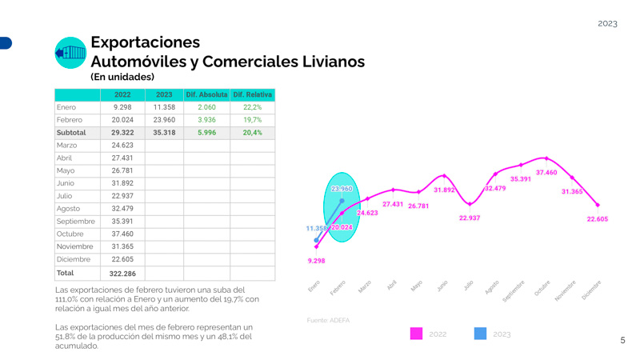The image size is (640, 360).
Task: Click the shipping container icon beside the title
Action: point(70,53)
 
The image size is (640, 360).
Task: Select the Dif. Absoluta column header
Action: point(206,94)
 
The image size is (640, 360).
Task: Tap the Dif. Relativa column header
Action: point(253,94)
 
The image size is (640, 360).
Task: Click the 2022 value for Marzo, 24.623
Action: point(122,146)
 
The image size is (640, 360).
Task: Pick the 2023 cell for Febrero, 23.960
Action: point(164,120)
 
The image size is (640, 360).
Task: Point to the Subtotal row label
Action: point(71,133)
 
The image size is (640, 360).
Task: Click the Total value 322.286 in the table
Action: point(122,274)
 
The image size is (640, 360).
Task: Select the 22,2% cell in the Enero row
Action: point(253,107)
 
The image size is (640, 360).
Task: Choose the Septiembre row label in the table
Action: point(76,222)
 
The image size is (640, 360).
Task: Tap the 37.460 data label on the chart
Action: point(546,172)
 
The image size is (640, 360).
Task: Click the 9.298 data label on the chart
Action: point(316,261)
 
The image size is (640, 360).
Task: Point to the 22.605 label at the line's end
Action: point(597,219)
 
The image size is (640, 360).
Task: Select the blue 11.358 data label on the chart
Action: point(317,229)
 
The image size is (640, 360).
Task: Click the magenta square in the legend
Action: point(416,334)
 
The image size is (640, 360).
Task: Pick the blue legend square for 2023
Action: point(480,334)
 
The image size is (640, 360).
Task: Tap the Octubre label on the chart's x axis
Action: point(542,289)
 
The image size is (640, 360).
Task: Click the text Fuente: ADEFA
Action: point(328,320)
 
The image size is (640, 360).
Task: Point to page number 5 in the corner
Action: point(622,341)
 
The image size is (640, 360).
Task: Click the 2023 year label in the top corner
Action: point(607,23)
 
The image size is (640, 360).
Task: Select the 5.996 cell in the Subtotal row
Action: point(206,133)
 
